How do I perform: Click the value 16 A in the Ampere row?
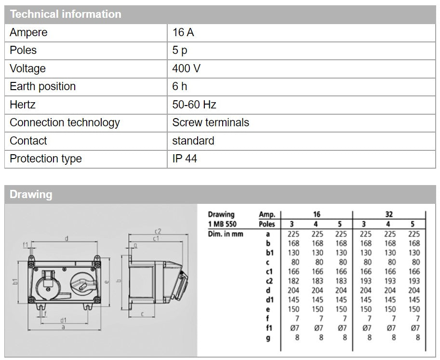coord(183,33)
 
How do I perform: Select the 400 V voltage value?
coord(186,68)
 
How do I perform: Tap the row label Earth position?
coord(42,87)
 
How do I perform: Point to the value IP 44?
coord(185,159)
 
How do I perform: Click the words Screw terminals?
coord(211,123)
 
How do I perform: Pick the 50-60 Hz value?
coord(194,105)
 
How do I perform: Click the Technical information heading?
coord(66,14)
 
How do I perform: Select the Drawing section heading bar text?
coord(31,195)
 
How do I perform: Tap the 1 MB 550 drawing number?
coord(222,224)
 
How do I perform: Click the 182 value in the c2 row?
coord(293,281)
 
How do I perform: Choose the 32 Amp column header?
coord(389,214)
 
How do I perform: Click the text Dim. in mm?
coord(226,234)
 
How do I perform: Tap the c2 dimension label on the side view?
coord(158,232)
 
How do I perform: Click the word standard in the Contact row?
coord(193,141)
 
